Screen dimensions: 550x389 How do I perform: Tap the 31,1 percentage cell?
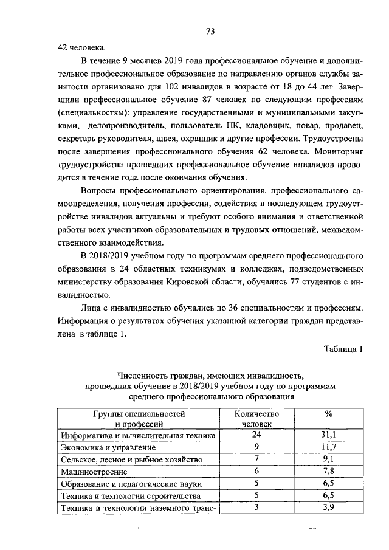(328, 435)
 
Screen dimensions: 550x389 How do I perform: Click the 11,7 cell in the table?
(328, 447)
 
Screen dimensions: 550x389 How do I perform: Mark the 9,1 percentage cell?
(328, 459)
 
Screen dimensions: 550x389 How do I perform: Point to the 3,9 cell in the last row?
(328, 508)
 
